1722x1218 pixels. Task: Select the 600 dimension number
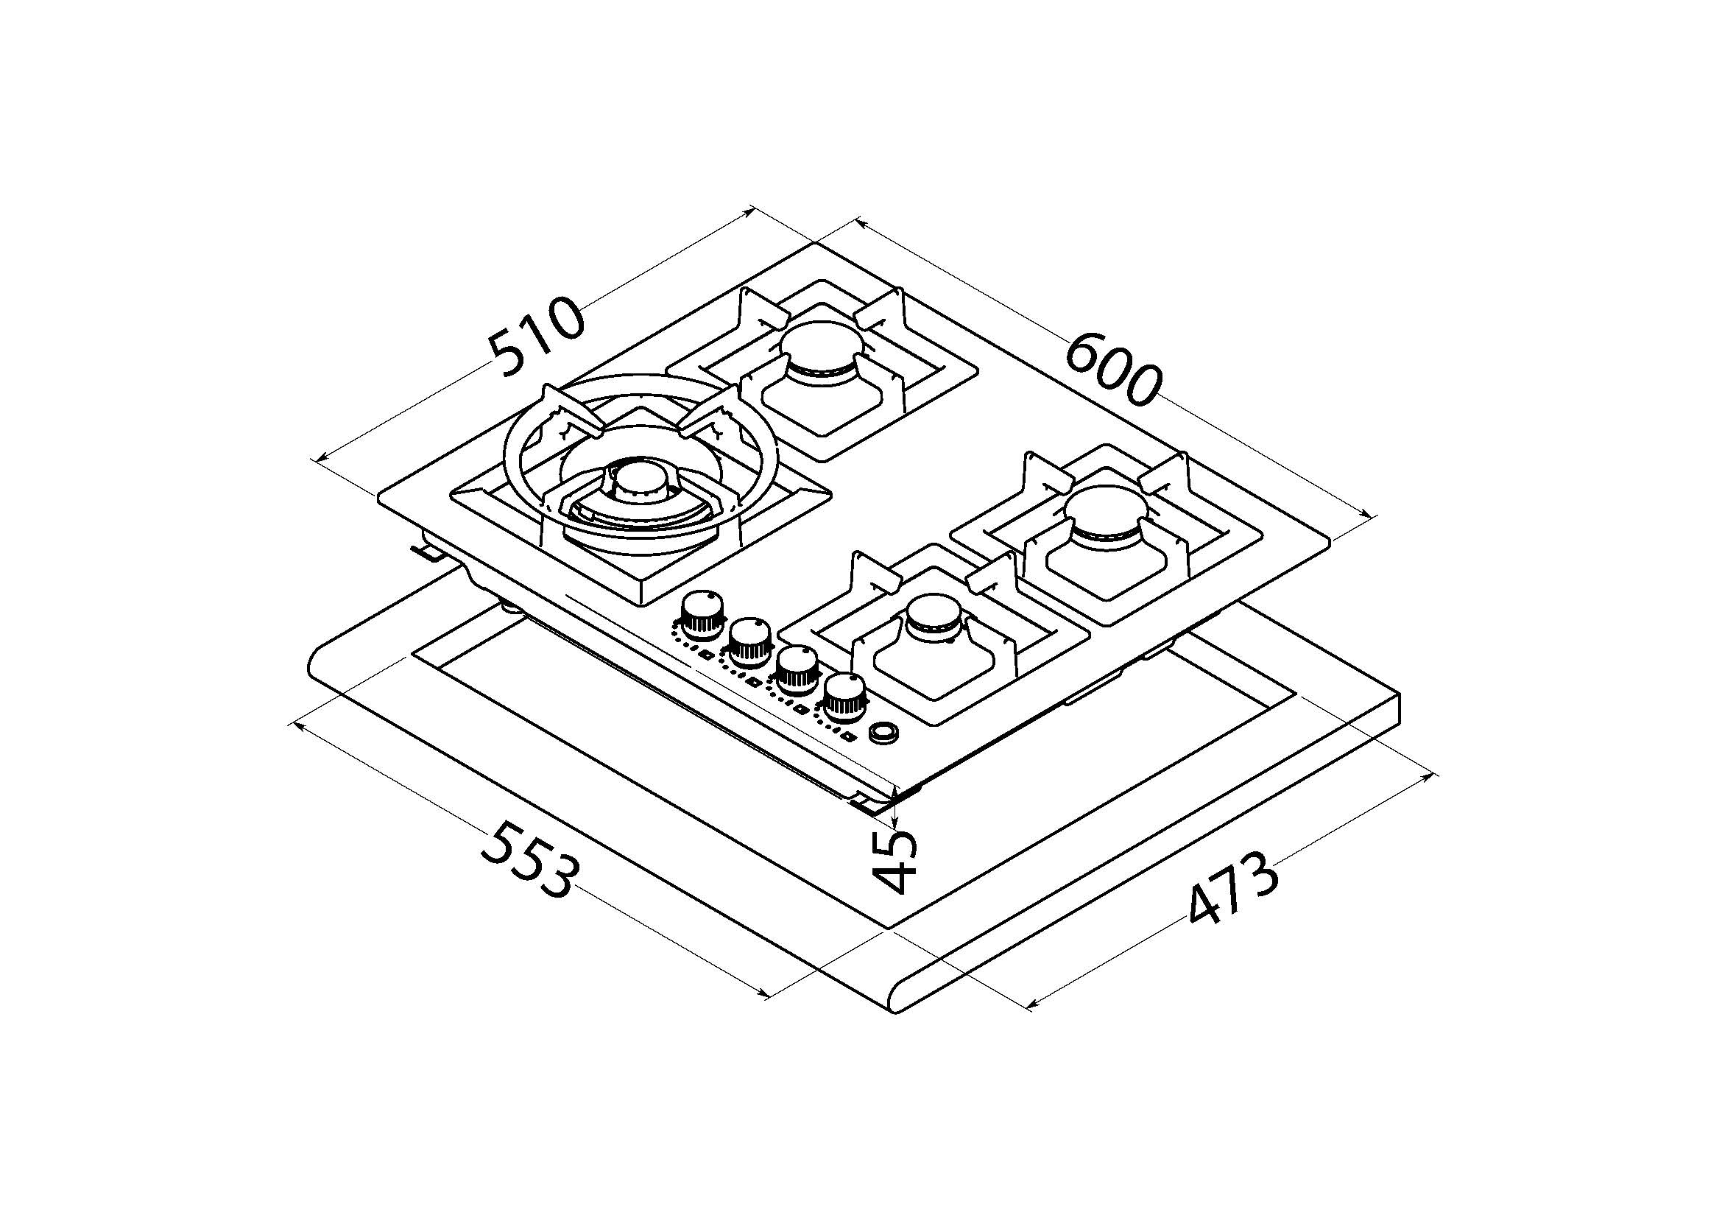click(1112, 370)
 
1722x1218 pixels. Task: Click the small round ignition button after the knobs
click(884, 733)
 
